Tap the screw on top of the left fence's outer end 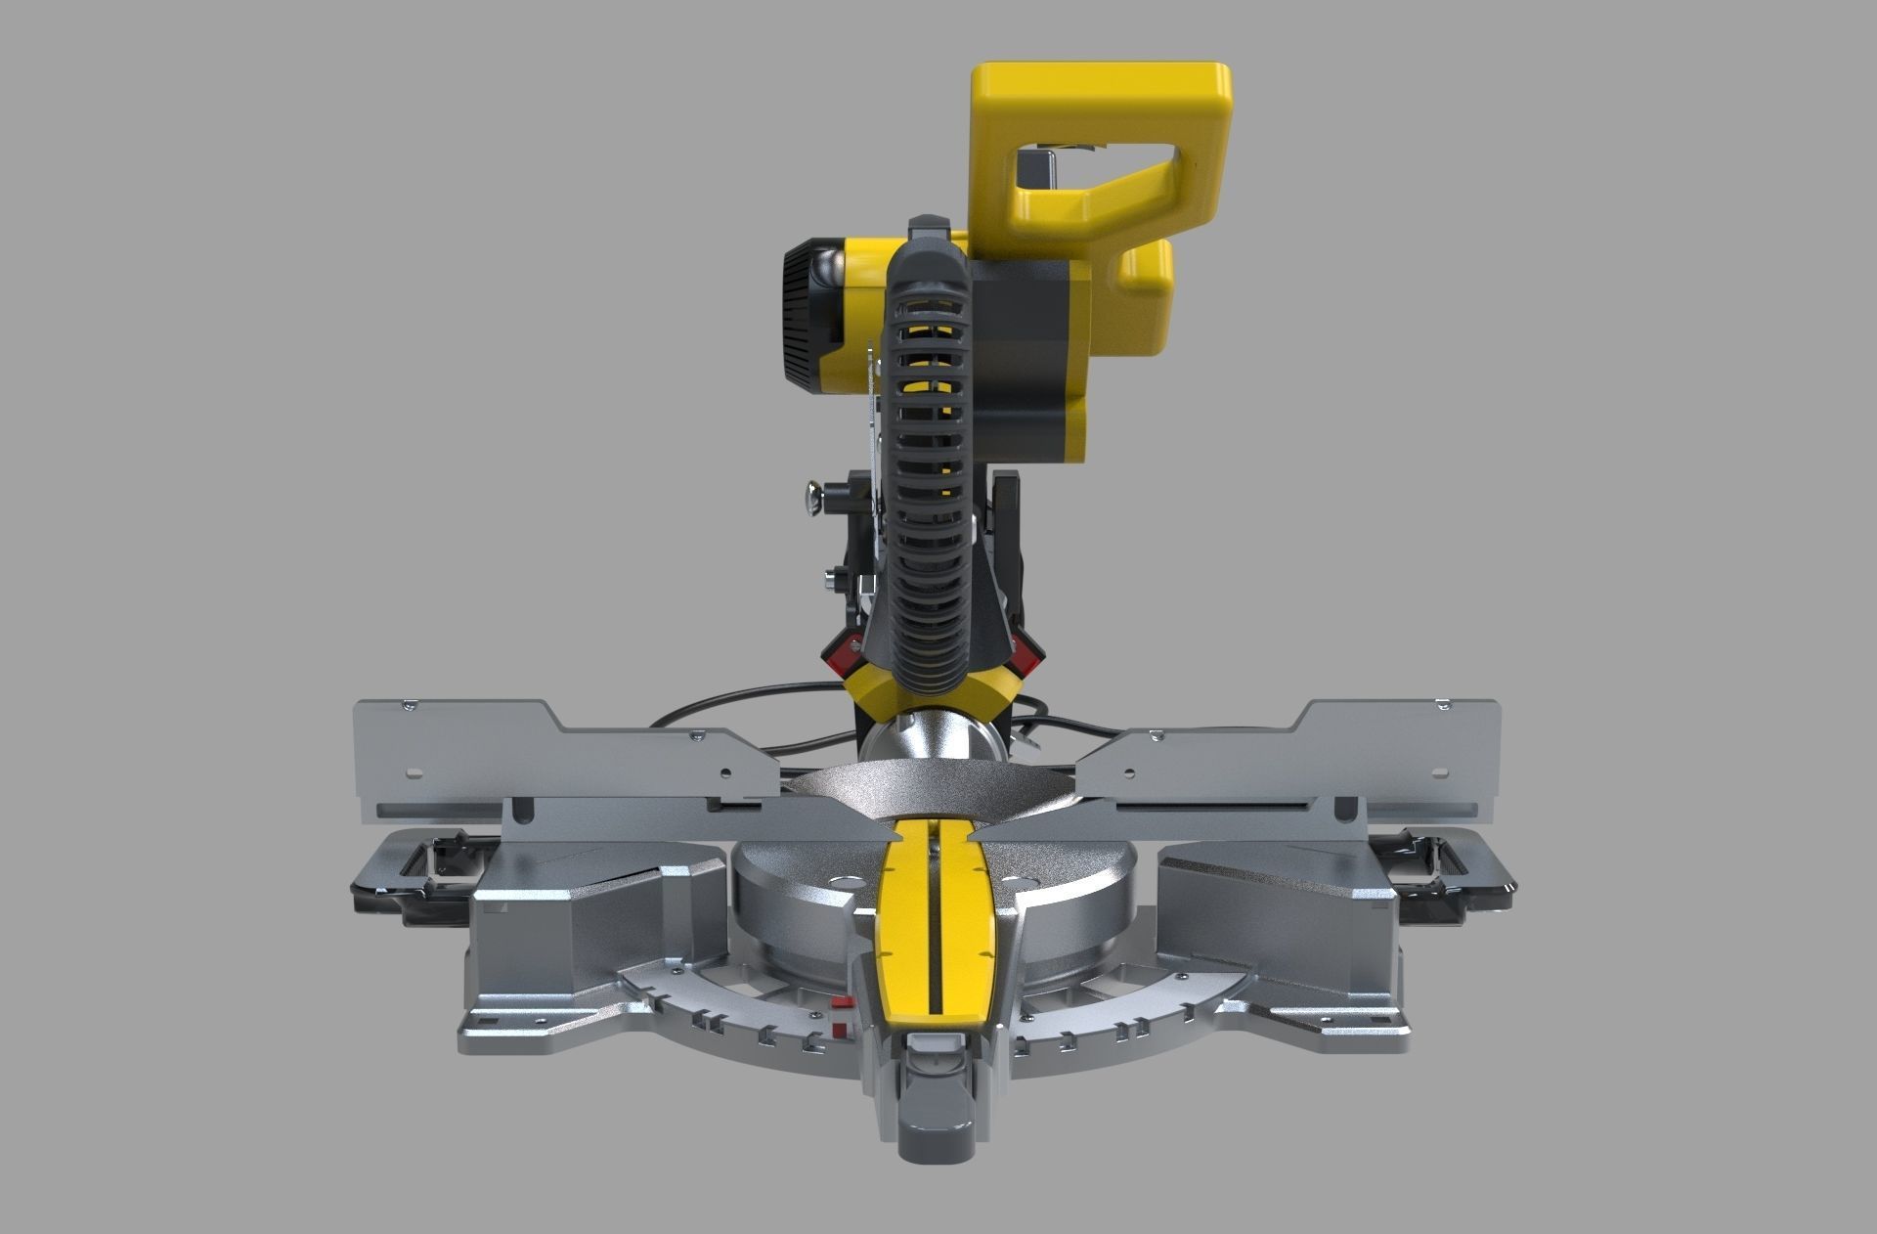click(410, 702)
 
